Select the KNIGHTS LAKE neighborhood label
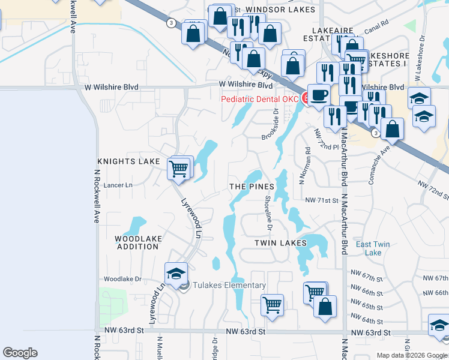coord(128,162)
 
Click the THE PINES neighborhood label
coord(252,187)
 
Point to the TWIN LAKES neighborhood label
coord(280,242)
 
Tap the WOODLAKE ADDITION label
coord(138,242)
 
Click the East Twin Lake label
coord(373,248)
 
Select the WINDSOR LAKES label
coord(272,10)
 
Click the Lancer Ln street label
coord(118,185)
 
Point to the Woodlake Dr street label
coord(122,279)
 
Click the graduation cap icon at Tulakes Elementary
coord(176,273)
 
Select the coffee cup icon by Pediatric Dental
coord(318,95)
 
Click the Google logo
coord(20,353)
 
